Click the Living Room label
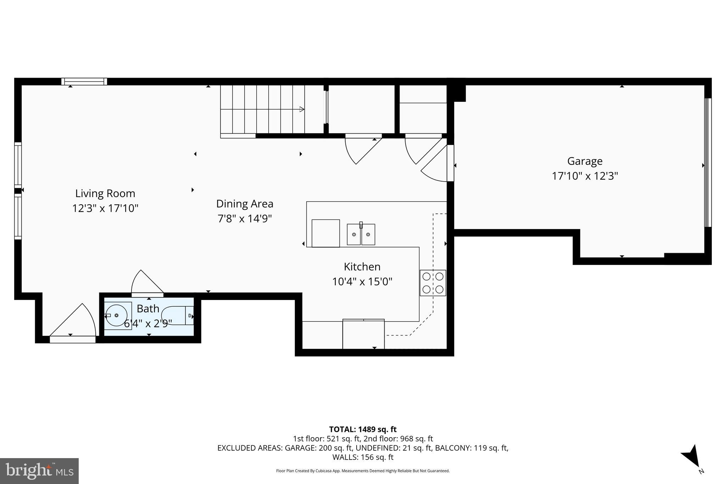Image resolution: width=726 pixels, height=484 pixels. click(x=105, y=193)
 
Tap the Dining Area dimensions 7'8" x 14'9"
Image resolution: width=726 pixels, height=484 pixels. click(x=244, y=218)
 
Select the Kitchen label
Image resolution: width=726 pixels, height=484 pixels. click(x=362, y=267)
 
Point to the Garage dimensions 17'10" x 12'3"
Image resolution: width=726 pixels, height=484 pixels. click(x=585, y=176)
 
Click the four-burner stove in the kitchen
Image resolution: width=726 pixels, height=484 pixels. click(x=433, y=283)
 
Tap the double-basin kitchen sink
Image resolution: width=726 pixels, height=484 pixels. click(x=361, y=234)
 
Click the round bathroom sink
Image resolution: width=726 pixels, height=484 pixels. click(x=116, y=315)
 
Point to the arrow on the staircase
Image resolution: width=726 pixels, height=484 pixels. click(x=301, y=109)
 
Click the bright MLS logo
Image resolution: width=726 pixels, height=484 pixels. click(x=39, y=471)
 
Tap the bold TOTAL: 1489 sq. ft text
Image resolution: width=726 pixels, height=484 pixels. click(x=363, y=429)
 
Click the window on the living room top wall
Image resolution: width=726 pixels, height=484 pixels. click(x=84, y=82)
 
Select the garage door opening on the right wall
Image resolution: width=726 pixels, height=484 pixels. click(x=708, y=162)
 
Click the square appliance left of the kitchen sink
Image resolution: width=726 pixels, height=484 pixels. click(x=325, y=233)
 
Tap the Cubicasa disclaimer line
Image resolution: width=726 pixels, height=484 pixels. click(x=363, y=471)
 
